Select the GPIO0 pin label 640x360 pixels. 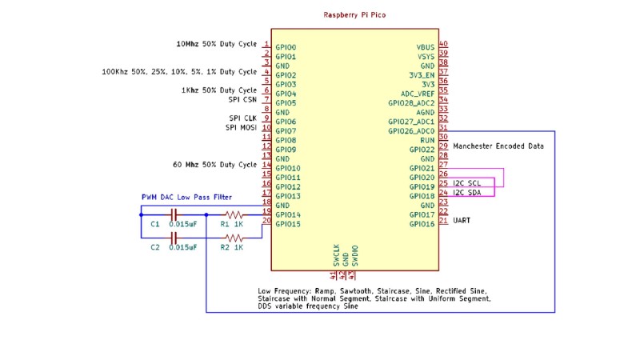(286, 48)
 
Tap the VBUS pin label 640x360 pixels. (425, 48)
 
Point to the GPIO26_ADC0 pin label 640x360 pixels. (411, 131)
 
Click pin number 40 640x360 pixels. (443, 45)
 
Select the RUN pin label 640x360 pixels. (428, 140)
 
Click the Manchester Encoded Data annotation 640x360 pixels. (498, 146)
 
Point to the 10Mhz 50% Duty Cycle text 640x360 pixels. (216, 44)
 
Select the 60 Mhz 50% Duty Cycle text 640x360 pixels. (214, 165)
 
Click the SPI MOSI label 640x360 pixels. (241, 127)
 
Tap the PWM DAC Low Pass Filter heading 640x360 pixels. (186, 197)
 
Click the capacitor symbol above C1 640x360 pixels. (175, 214)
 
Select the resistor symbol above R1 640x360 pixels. (233, 214)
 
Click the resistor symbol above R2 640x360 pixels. (233, 238)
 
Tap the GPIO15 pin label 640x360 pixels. (288, 224)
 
